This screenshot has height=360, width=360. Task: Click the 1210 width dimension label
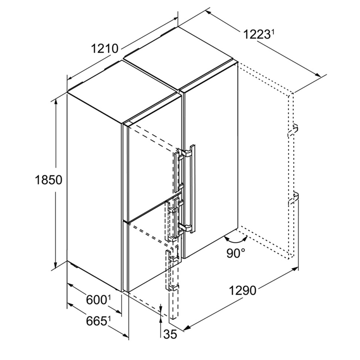click(x=104, y=49)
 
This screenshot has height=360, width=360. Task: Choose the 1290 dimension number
click(x=243, y=291)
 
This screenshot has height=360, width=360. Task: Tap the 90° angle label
click(x=236, y=253)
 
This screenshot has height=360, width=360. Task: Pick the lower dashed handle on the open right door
click(x=294, y=198)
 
